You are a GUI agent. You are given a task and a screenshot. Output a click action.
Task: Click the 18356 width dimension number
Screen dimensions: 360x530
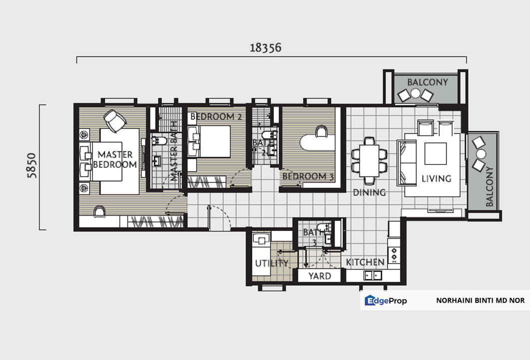tap(266, 47)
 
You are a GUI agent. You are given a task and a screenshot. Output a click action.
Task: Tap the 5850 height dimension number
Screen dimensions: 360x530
tap(31, 167)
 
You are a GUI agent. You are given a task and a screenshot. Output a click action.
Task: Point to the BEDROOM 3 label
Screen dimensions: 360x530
tap(308, 176)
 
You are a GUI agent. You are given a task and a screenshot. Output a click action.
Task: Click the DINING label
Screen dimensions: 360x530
tap(369, 192)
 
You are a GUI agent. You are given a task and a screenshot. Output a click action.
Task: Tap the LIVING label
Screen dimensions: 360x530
tap(436, 178)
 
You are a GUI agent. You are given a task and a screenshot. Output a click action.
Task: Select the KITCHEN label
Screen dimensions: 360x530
tap(365, 262)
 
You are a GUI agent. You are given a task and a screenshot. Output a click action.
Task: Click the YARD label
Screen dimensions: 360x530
tap(320, 276)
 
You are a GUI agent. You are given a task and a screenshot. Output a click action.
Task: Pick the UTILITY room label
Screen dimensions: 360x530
tap(271, 263)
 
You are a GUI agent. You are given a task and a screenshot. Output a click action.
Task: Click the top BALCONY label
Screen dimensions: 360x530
tap(427, 82)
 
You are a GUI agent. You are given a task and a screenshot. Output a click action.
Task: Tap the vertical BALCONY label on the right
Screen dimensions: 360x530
tap(490, 186)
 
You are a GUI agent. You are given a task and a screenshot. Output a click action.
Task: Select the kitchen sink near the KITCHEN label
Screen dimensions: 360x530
tap(372, 275)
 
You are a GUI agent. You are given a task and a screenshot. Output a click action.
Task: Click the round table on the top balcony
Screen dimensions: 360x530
tap(416, 93)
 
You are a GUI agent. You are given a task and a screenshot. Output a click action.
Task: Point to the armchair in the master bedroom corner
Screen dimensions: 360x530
tap(115, 120)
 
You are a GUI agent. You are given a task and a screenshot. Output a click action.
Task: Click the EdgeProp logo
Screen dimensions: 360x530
tap(386, 300)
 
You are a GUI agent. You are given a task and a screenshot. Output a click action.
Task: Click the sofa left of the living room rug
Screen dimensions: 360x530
tap(406, 162)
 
